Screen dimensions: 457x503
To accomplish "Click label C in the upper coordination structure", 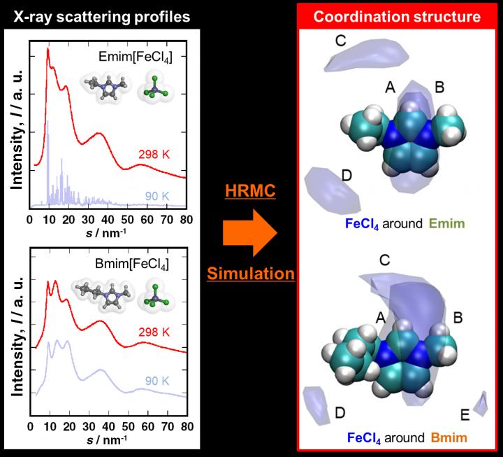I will point(340,41).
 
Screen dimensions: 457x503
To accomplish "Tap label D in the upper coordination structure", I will point(347,176).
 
